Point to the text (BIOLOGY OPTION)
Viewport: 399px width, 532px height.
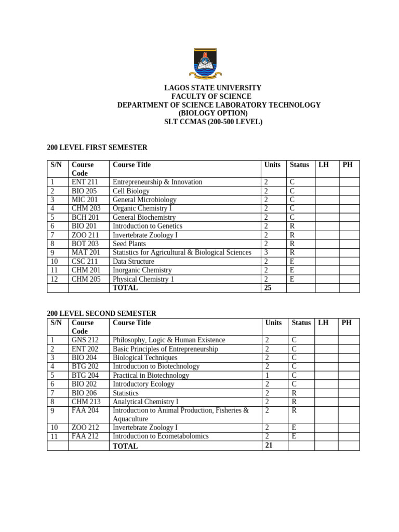click(x=213, y=113)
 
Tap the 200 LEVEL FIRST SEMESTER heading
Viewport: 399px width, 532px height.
click(x=97, y=148)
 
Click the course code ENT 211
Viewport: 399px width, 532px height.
click(x=85, y=182)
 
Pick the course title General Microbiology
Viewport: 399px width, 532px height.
click(x=144, y=199)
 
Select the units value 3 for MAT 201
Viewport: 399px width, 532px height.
click(x=266, y=252)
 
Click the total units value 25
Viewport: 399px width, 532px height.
click(x=268, y=288)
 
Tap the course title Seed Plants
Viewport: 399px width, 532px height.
click(x=129, y=244)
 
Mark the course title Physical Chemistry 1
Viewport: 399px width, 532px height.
click(x=143, y=279)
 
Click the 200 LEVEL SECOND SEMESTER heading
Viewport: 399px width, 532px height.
click(x=101, y=313)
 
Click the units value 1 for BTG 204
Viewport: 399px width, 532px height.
click(x=267, y=375)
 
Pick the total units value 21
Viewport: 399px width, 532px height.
click(x=268, y=445)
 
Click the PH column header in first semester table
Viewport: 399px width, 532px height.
click(x=348, y=165)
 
